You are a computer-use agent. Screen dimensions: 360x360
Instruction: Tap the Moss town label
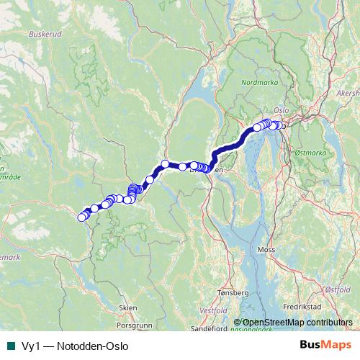266,250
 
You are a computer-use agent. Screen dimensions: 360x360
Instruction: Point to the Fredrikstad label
303,307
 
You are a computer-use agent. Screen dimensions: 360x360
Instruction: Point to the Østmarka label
310,153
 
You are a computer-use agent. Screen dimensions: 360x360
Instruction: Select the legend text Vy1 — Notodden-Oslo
70,346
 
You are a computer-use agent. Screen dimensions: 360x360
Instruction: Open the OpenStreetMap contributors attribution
297,323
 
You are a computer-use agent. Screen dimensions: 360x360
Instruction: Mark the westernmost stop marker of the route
81,217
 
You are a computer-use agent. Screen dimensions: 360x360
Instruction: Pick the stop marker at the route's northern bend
165,164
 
